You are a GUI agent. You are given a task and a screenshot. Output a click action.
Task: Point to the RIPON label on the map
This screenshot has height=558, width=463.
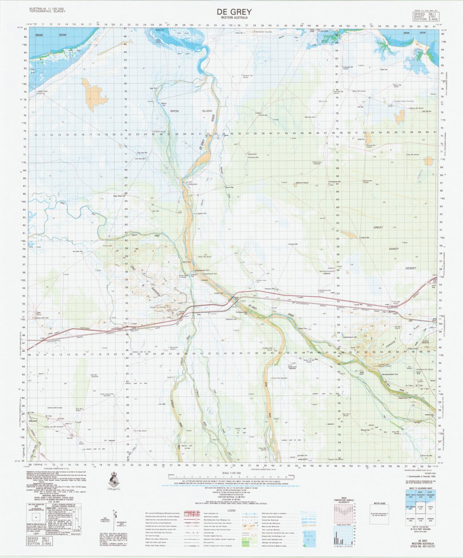point(175,111)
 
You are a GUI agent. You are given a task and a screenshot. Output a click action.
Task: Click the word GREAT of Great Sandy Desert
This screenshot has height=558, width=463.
point(378,227)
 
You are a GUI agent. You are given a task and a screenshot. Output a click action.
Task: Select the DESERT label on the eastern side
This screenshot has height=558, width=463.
point(411,268)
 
